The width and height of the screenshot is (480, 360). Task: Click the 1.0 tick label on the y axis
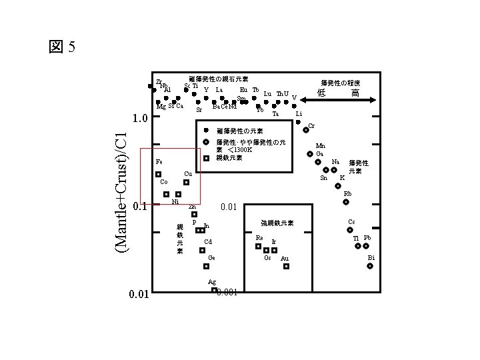[141, 119]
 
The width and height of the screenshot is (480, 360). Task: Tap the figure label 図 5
[63, 47]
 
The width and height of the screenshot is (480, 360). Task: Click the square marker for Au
[286, 266]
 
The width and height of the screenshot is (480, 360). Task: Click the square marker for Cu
[187, 182]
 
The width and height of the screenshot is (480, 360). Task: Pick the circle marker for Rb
[347, 202]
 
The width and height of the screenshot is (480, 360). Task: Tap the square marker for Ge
[206, 266]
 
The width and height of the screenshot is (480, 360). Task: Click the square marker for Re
[258, 246]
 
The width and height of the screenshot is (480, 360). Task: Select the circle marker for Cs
[353, 230]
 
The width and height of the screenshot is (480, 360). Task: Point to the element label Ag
[212, 282]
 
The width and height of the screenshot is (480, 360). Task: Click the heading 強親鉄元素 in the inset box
[277, 223]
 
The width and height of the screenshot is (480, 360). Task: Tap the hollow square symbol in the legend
[206, 158]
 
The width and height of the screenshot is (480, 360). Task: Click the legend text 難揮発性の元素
[239, 131]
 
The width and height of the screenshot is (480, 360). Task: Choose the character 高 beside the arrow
[357, 93]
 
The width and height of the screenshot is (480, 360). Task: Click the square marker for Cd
[202, 250]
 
